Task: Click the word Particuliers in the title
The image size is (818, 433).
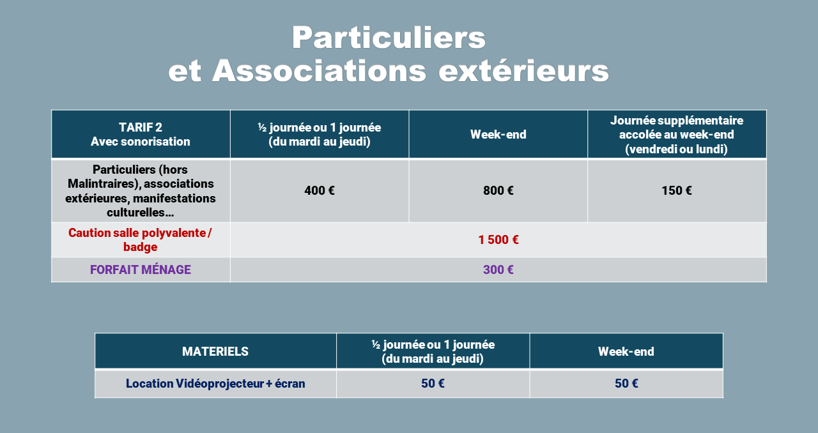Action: click(x=389, y=37)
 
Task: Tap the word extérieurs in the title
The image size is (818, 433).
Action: click(x=523, y=70)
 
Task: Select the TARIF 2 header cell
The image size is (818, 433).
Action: click(x=141, y=134)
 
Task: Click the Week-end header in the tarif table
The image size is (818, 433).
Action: click(x=498, y=134)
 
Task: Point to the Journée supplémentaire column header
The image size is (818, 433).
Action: click(x=677, y=134)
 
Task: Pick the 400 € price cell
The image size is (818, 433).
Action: click(x=320, y=190)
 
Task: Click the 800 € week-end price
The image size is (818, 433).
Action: click(x=498, y=190)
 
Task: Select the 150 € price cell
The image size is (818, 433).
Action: click(x=677, y=190)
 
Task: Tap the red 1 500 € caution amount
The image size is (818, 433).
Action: click(x=498, y=239)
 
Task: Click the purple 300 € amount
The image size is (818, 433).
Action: click(x=498, y=270)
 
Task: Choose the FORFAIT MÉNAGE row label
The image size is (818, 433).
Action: click(x=141, y=270)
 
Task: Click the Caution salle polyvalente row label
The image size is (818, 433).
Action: click(x=140, y=239)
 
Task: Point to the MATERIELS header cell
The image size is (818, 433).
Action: click(x=215, y=351)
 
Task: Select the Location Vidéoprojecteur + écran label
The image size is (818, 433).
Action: click(x=215, y=383)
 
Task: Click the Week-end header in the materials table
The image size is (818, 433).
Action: click(x=626, y=351)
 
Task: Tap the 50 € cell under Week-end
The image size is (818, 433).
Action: click(x=626, y=383)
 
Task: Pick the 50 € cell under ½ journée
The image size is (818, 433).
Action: click(x=433, y=383)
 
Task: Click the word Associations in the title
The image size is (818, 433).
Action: click(x=319, y=70)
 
